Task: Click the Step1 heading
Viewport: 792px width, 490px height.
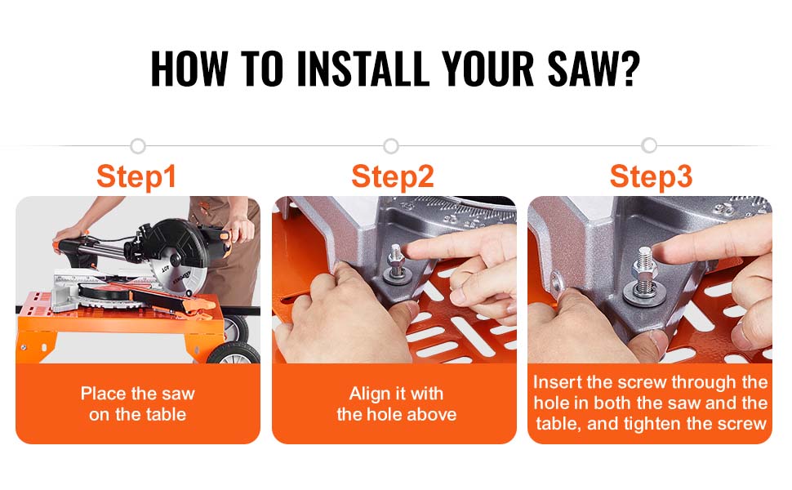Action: [x=136, y=176]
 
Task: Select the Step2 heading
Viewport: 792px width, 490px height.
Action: [x=393, y=176]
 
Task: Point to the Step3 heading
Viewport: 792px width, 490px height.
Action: [x=651, y=176]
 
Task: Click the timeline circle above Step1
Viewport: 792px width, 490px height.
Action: [x=138, y=146]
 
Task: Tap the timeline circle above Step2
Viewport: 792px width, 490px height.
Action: [x=391, y=146]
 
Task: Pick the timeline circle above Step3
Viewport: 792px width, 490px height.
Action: [x=649, y=145]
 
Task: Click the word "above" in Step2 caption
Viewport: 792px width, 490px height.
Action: [x=432, y=414]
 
